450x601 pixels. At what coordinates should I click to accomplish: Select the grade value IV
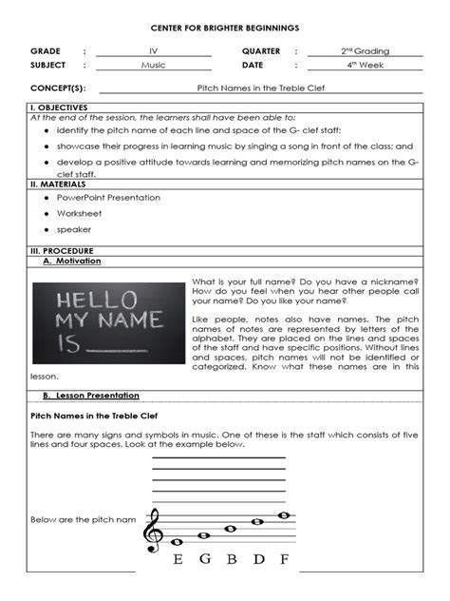tap(153, 50)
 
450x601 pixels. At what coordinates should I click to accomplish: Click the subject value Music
tap(153, 65)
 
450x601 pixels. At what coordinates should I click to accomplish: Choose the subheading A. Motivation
tap(72, 261)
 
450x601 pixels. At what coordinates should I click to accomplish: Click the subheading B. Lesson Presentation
tap(91, 396)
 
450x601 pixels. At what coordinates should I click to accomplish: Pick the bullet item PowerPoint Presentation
tap(108, 198)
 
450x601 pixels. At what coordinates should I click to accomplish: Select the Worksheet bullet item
tap(79, 213)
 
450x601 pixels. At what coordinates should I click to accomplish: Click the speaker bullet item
tap(73, 229)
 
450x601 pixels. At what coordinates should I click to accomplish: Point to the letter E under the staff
tap(178, 560)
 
